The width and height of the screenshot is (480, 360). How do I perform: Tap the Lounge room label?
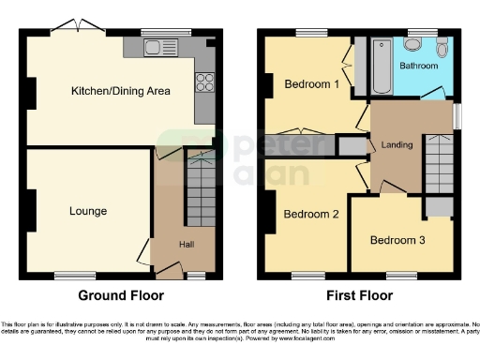[x=87, y=211]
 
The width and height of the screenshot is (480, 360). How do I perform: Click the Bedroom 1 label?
[x=311, y=84]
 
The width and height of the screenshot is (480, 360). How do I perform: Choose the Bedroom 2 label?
[x=310, y=214]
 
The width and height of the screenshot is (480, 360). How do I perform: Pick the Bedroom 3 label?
[x=397, y=240]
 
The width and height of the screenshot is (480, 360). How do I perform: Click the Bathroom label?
[x=418, y=67]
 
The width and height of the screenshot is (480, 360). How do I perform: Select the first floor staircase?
[x=437, y=164]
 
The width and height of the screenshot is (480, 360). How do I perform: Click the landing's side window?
[x=457, y=114]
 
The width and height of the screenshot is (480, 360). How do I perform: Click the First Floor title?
[x=358, y=295]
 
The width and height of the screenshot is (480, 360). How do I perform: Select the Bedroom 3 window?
[x=402, y=275]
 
